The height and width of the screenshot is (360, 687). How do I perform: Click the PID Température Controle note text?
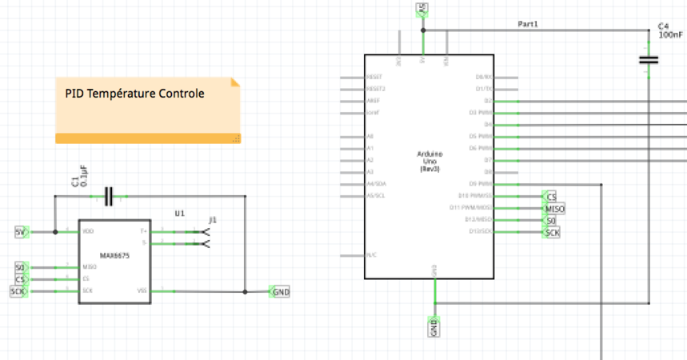coord(134,94)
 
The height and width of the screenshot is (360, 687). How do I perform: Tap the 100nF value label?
coord(670,35)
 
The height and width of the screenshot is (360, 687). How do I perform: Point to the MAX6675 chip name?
coord(115,256)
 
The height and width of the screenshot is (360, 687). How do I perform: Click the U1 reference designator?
coord(179,214)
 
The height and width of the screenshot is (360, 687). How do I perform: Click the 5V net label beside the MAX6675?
coord(22,232)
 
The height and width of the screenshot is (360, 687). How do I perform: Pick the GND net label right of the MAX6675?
coord(281,292)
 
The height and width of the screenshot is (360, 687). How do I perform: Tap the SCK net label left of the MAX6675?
coord(18,291)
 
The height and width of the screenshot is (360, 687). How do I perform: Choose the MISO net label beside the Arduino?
coord(554,209)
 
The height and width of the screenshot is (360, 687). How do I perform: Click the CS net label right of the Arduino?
coord(550,197)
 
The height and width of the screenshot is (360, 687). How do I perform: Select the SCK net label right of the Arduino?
coord(552,232)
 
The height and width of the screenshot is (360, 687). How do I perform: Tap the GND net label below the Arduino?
coord(434,326)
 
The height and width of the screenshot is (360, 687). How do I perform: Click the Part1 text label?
coord(528,25)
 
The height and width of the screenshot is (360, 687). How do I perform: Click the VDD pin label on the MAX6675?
coord(87,232)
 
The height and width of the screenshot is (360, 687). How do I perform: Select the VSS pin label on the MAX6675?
coord(142,291)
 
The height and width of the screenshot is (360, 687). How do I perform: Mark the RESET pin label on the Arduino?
coord(373,78)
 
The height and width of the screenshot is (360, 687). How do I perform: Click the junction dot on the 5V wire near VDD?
coord(54,232)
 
